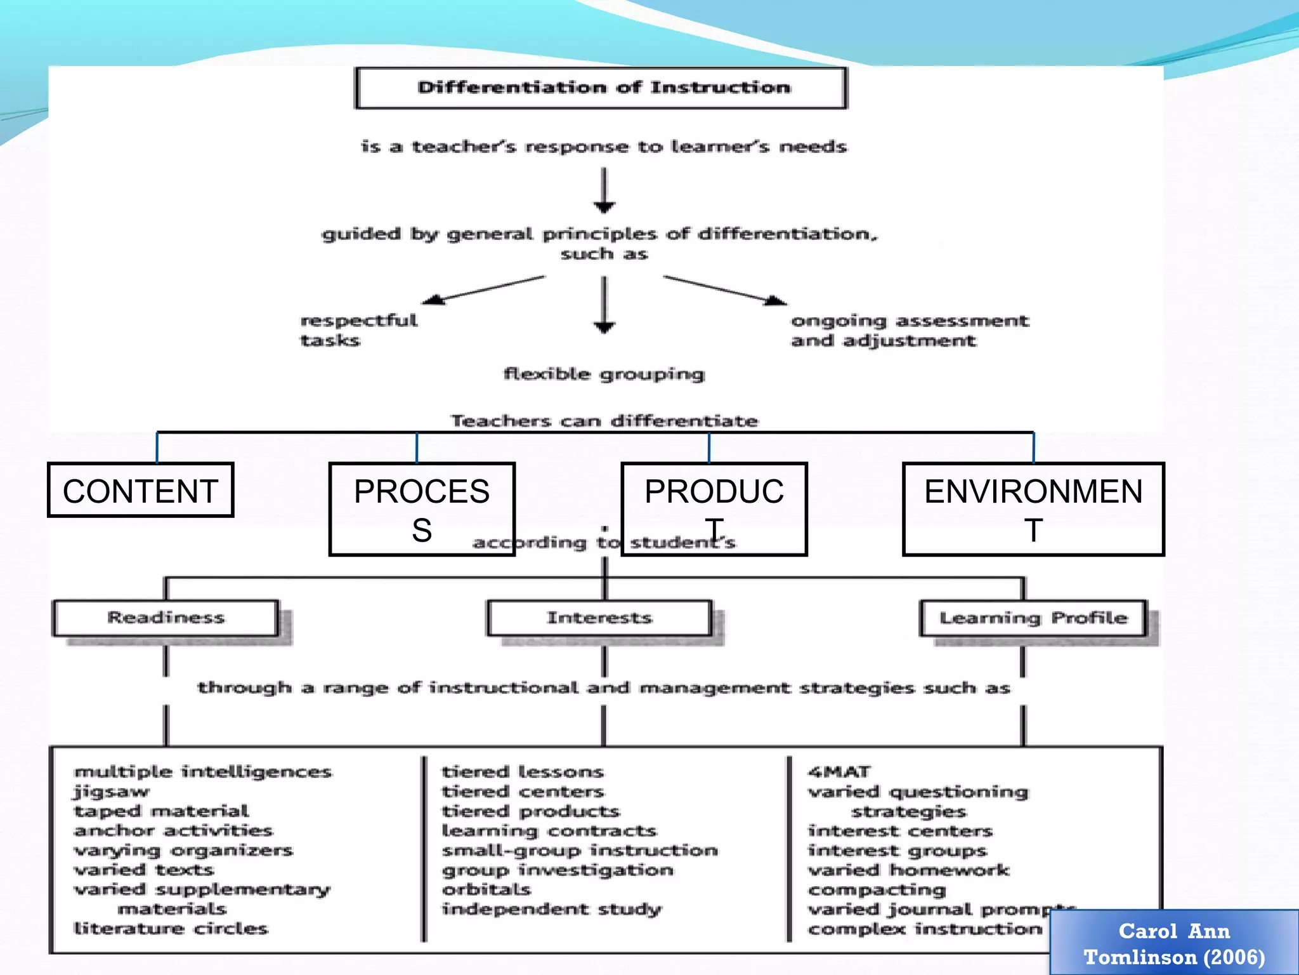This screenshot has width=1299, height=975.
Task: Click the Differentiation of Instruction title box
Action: pos(601,88)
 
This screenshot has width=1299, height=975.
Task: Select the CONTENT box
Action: pos(140,490)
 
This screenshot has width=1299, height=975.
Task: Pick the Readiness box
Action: pos(166,618)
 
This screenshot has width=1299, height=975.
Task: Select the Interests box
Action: pos(599,618)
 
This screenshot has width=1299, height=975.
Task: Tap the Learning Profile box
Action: pos(1033,618)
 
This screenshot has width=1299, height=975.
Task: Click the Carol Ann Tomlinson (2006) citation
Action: pos(1174,943)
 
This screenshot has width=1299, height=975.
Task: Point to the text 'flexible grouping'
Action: pos(604,374)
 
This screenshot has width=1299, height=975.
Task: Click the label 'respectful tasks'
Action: pos(358,330)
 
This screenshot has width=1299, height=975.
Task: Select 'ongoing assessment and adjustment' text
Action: pos(909,331)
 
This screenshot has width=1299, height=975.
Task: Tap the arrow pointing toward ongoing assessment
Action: pos(726,290)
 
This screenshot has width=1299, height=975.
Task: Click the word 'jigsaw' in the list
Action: pos(112,792)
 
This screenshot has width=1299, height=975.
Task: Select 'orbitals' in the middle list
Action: pos(486,889)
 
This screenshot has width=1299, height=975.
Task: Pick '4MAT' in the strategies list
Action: pos(839,772)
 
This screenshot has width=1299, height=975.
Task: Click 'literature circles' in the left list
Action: pos(171,929)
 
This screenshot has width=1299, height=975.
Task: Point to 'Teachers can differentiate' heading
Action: pos(604,421)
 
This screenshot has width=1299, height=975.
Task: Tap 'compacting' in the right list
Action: pos(877,890)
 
